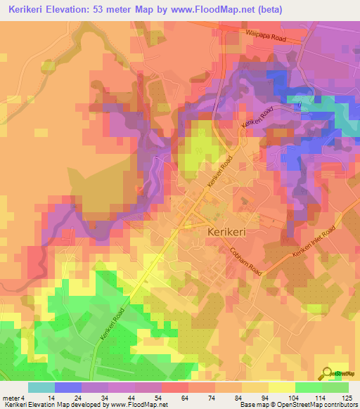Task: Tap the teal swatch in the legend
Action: pos(41,387)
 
